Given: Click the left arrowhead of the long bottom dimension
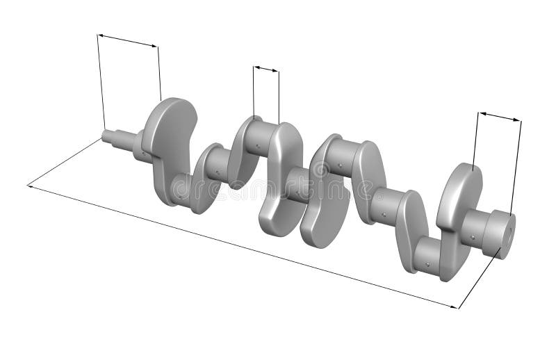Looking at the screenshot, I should tap(30, 186).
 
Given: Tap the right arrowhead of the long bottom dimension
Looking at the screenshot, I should tap(457, 306).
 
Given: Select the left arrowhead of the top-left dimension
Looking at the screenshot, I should tap(99, 35).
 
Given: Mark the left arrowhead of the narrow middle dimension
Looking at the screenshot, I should tap(255, 67).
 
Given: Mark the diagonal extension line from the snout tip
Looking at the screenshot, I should tap(66, 162).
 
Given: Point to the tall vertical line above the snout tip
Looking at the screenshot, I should tap(101, 83).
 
